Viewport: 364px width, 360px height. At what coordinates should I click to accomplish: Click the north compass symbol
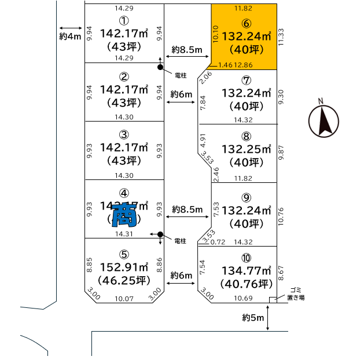point(323,121)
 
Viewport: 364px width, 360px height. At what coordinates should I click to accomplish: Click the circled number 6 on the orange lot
point(246,24)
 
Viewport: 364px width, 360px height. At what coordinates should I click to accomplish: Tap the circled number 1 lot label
point(124,21)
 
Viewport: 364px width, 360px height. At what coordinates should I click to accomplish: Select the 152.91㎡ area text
point(124,268)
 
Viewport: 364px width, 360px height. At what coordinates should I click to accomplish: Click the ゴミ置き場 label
point(296,293)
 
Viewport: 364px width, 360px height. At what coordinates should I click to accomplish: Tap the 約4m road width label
point(69,37)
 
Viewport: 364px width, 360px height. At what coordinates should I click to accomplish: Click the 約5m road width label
point(252,318)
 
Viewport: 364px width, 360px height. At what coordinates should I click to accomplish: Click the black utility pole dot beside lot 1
point(161,68)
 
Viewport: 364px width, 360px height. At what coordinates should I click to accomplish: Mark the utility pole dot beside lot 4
point(160,234)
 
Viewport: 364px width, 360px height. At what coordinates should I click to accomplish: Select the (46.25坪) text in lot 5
point(123,282)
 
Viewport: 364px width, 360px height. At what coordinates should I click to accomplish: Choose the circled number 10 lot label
point(247,257)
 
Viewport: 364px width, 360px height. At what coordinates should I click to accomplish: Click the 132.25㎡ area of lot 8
point(246,149)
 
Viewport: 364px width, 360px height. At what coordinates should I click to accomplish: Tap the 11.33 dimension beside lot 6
point(281,38)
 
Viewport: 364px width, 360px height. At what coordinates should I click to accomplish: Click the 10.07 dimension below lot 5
point(124,299)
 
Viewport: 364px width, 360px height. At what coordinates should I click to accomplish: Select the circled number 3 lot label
point(124,134)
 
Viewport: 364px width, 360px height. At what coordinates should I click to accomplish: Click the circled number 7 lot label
point(246,80)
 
